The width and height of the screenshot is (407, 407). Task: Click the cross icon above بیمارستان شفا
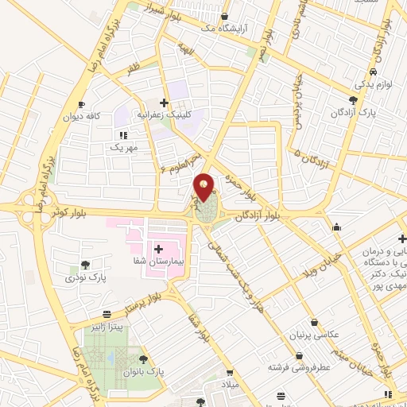tap(158, 249)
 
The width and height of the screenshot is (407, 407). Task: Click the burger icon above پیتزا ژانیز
tap(107, 315)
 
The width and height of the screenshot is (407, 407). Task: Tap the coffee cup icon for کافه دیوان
tap(80, 105)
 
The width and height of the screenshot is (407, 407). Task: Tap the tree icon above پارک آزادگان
tap(353, 100)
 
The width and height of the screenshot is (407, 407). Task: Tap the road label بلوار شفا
tap(200, 327)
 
